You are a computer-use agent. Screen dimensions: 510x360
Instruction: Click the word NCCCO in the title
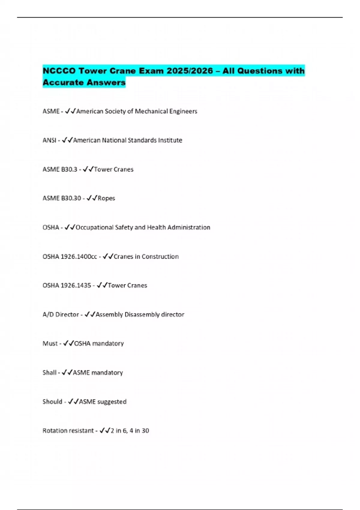(59, 71)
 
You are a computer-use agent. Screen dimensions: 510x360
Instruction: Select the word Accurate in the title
(63, 82)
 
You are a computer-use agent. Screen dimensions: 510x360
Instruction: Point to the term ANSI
(49, 140)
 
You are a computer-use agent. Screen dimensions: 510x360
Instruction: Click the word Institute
(170, 140)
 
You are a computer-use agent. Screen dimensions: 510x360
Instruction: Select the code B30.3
(69, 169)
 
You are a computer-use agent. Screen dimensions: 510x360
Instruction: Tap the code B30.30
(71, 198)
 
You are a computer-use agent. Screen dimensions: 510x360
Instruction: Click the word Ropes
(106, 198)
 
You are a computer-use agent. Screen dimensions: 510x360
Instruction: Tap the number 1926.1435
(76, 285)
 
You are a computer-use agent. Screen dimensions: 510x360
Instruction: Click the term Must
(50, 343)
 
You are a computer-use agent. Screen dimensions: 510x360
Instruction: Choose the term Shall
(49, 373)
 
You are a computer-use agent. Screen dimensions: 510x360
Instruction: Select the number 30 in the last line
(145, 431)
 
